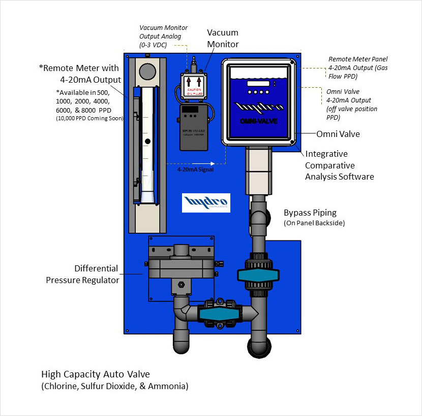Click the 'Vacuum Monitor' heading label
[x=223, y=38]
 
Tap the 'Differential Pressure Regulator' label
[x=82, y=274]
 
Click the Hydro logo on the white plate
[x=206, y=202]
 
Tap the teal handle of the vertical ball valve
[x=259, y=275]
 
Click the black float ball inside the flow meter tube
[x=147, y=141]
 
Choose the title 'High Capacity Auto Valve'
[x=96, y=374]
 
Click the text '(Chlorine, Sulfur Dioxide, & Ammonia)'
[x=114, y=387]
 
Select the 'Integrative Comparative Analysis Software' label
[x=339, y=165]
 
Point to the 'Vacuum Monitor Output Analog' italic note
[x=163, y=37]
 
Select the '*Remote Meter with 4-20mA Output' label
[x=81, y=74]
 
